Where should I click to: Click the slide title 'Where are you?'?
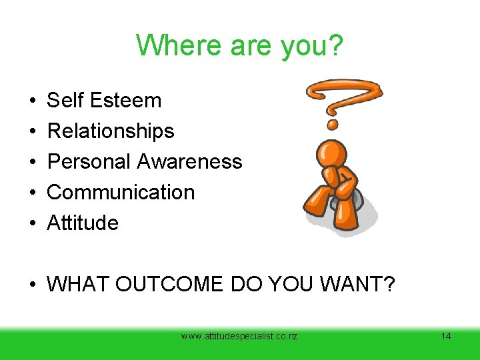click(241, 45)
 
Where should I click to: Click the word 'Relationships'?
click(111, 131)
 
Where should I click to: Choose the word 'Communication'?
click(121, 193)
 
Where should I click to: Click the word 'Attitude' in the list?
click(83, 223)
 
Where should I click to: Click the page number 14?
click(446, 337)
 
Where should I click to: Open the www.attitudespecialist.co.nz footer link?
click(239, 337)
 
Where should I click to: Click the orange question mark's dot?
click(333, 124)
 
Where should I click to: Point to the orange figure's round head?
click(331, 153)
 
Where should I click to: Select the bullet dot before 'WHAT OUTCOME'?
click(33, 285)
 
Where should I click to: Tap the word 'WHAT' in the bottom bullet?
click(78, 285)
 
